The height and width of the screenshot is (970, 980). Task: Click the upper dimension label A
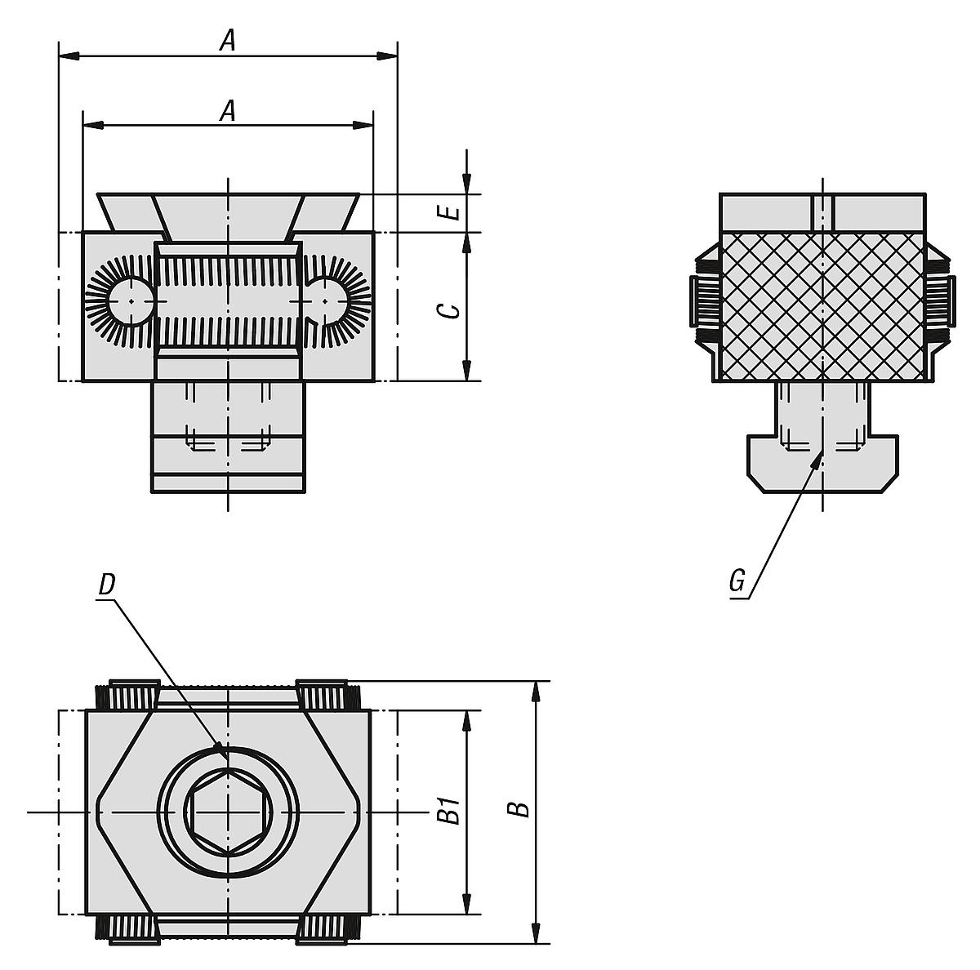[x=228, y=40]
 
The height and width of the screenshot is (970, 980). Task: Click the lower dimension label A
[x=228, y=110]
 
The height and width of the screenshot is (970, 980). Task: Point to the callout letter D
[x=106, y=585]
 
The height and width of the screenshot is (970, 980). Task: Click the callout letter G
[x=737, y=581]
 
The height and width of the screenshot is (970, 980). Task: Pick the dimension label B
[x=519, y=808]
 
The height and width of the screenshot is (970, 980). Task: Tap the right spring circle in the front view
[x=327, y=301]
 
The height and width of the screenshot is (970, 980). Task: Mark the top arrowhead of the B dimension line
[x=536, y=691]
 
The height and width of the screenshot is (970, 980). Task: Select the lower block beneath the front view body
[x=228, y=437]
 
